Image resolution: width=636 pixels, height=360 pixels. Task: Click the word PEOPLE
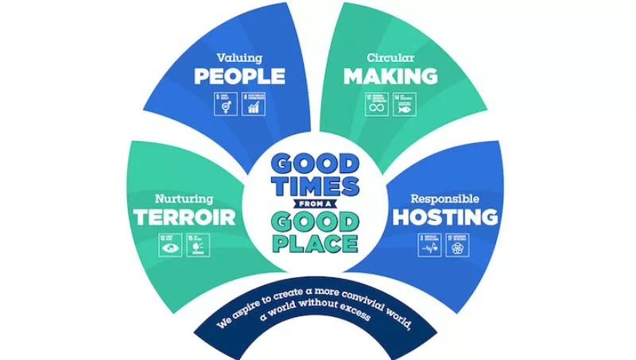(239, 76)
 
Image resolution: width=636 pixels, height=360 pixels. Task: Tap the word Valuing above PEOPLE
(239, 58)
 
